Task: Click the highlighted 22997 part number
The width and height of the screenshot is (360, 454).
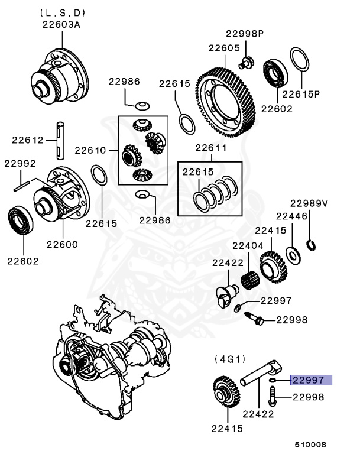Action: click(311, 380)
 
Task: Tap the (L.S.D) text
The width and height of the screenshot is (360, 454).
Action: click(62, 12)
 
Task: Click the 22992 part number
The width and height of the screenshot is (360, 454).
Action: click(21, 164)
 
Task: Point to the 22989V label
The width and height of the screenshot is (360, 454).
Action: click(309, 203)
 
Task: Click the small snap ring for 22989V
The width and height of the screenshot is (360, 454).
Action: click(311, 244)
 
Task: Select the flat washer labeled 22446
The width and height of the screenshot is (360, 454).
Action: click(291, 254)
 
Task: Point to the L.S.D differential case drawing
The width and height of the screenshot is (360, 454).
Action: click(60, 76)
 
